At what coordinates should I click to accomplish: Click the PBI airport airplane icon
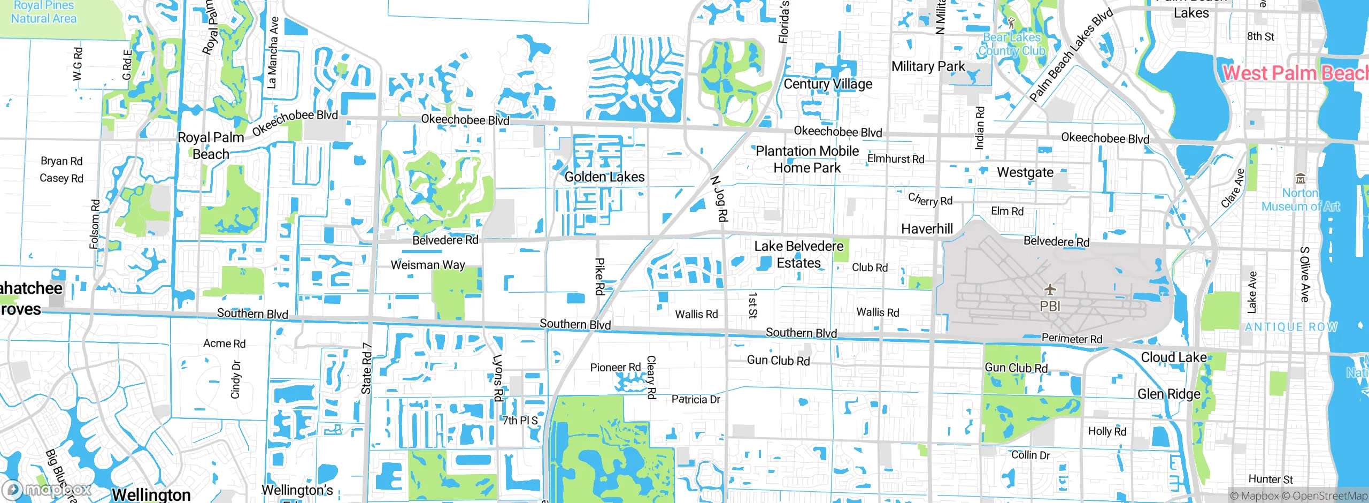pyautogui.click(x=1050, y=290)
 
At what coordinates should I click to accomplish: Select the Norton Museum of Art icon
pyautogui.click(x=1301, y=179)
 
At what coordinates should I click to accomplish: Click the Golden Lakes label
pyautogui.click(x=604, y=177)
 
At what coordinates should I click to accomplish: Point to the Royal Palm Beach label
pyautogui.click(x=211, y=146)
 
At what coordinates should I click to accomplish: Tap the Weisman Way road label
pyautogui.click(x=428, y=265)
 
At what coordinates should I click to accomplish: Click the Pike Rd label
pyautogui.click(x=600, y=276)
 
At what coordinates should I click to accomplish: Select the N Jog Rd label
pyautogui.click(x=720, y=199)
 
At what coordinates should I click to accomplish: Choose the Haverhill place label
pyautogui.click(x=927, y=229)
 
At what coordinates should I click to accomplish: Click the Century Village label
pyautogui.click(x=827, y=84)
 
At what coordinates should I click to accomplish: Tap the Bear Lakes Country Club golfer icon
pyautogui.click(x=1011, y=23)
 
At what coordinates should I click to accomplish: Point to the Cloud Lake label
pyautogui.click(x=1173, y=357)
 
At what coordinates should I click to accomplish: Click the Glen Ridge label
pyautogui.click(x=1168, y=394)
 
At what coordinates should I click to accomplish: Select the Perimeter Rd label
pyautogui.click(x=1072, y=339)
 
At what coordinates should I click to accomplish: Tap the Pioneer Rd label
pyautogui.click(x=615, y=368)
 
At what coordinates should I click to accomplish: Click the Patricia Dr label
pyautogui.click(x=696, y=400)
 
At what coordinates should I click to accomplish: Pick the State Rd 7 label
pyautogui.click(x=367, y=368)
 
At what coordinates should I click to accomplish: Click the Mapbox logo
pyautogui.click(x=47, y=490)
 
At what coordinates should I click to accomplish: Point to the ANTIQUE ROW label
pyautogui.click(x=1291, y=327)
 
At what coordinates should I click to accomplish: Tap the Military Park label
pyautogui.click(x=928, y=66)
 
